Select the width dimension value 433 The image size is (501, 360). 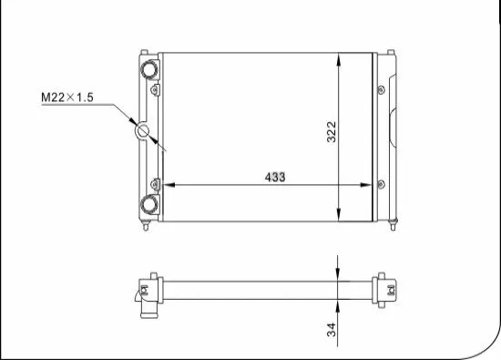[273, 177]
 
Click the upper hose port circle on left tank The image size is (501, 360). [148, 68]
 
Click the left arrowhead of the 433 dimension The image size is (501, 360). [167, 185]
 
